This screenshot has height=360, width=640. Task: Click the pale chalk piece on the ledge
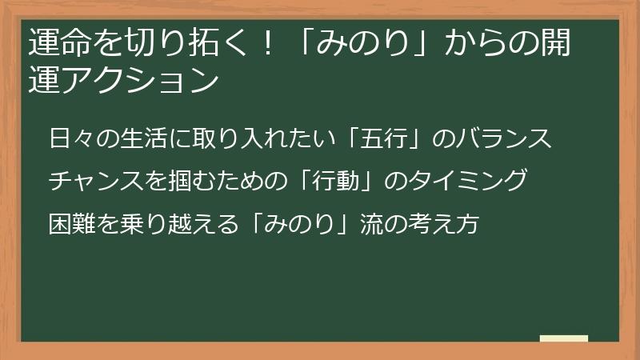coord(564,338)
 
